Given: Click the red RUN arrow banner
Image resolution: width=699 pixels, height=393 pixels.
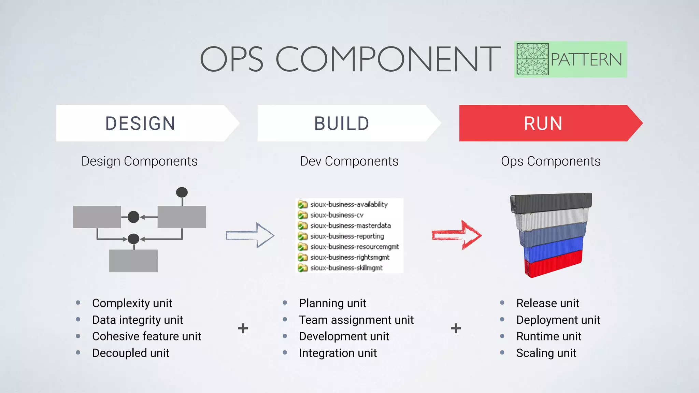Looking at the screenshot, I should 546,123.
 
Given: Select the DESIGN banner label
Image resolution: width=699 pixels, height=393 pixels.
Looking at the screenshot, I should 140,123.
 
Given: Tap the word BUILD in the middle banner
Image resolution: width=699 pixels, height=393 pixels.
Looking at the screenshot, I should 342,123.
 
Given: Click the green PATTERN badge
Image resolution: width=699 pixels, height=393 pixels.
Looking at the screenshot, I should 570,59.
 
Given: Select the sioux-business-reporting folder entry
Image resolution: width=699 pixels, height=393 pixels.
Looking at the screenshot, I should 347,236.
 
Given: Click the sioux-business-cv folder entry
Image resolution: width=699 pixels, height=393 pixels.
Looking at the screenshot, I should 337,215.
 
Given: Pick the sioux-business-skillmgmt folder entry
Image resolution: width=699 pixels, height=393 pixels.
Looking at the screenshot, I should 346,268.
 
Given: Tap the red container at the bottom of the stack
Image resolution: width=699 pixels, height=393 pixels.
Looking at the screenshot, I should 553,264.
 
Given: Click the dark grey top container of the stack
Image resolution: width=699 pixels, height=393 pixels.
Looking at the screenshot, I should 551,203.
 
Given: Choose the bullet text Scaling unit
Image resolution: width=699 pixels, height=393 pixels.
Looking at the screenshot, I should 546,353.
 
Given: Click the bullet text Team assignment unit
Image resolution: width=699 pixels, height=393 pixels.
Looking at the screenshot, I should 356,320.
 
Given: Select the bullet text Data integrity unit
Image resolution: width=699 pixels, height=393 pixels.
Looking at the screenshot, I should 138,320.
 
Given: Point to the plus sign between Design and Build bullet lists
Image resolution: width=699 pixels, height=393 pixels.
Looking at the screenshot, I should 243,328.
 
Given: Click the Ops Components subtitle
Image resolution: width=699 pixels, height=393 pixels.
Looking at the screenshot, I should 551,161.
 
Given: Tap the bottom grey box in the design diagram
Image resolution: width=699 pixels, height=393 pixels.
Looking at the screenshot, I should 133,261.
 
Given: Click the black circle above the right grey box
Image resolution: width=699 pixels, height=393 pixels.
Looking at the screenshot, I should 182,192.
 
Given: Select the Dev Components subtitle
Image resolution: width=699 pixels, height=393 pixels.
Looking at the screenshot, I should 349,161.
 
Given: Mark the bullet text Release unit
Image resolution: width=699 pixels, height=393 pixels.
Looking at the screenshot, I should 547,303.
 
